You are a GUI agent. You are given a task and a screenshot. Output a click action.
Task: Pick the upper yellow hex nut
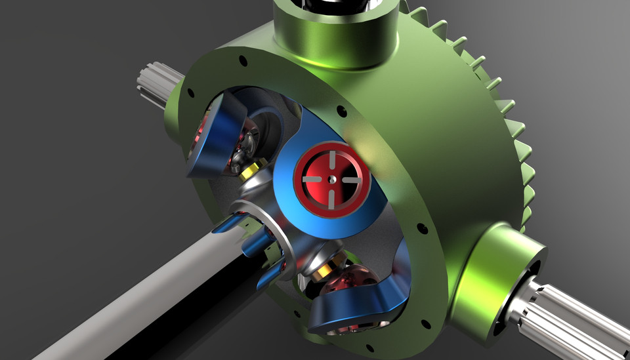pos(248,172)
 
